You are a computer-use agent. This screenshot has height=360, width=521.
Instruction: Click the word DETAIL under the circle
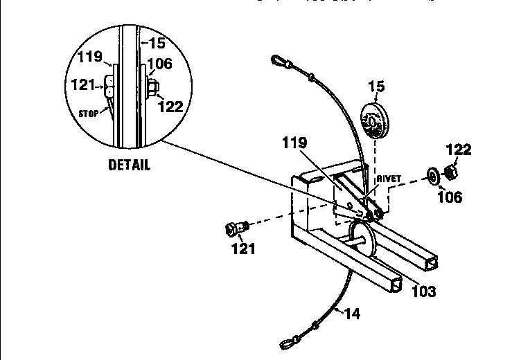point(129,166)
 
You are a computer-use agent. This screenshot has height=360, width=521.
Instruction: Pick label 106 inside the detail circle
point(160,63)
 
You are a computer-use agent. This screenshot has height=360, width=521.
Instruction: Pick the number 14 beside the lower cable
point(352,314)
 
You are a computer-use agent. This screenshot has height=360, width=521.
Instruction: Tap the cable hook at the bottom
point(288,340)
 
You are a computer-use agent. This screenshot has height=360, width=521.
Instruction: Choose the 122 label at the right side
point(458,149)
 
